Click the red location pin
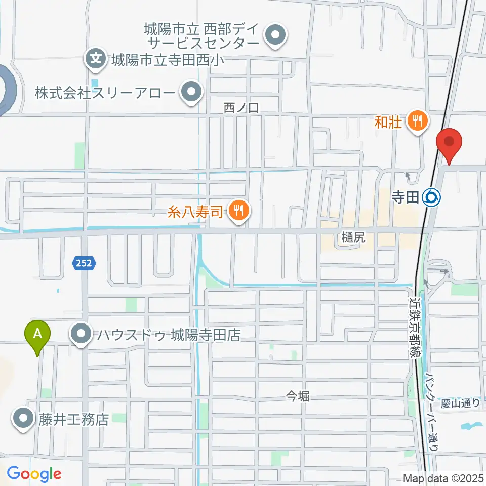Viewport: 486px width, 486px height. click(x=450, y=143)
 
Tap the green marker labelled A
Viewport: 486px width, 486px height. click(x=37, y=335)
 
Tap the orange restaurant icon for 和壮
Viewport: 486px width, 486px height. click(x=417, y=121)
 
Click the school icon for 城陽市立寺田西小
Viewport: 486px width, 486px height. click(x=95, y=58)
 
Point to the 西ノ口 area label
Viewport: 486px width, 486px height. click(x=241, y=107)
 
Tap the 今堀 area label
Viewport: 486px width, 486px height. click(x=297, y=396)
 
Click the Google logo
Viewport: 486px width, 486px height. click(x=34, y=474)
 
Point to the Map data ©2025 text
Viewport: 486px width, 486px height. click(x=443, y=478)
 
